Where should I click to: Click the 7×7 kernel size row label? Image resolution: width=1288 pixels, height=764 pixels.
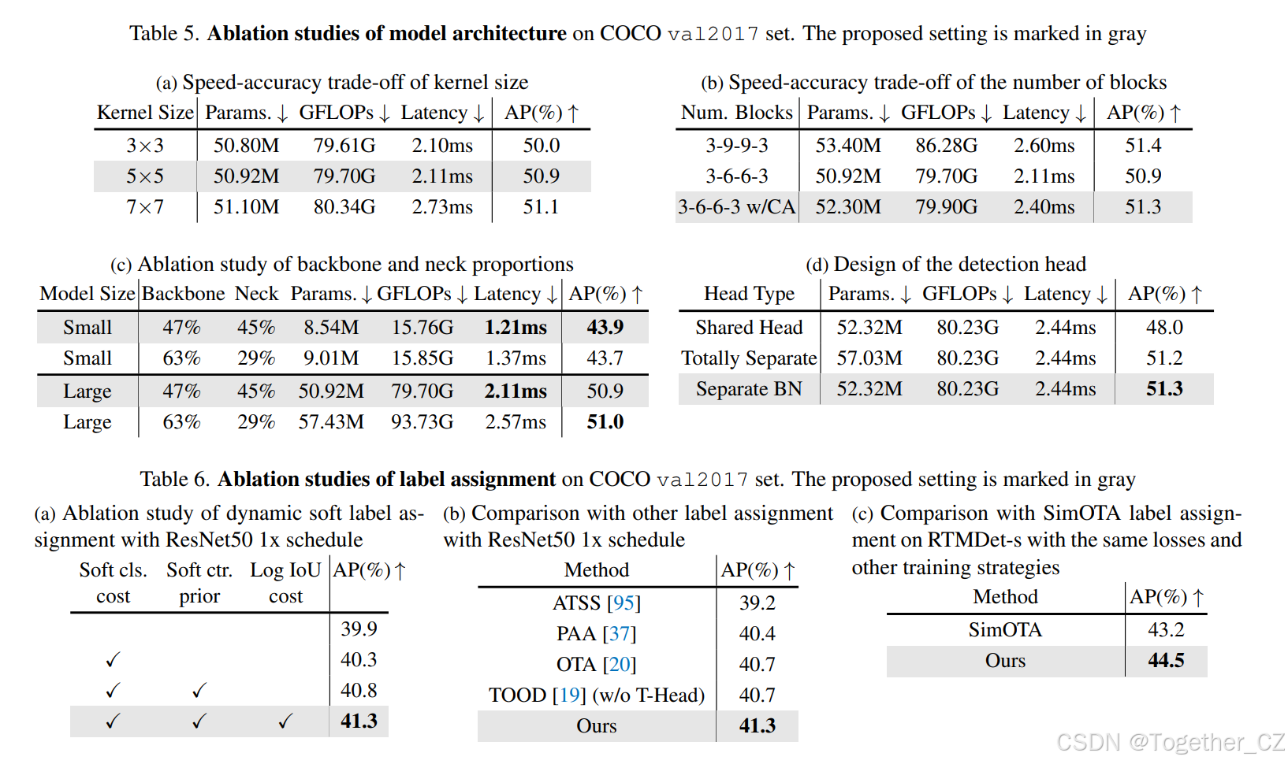pyautogui.click(x=145, y=207)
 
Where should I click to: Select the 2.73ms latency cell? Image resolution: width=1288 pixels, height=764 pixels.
pyautogui.click(x=442, y=207)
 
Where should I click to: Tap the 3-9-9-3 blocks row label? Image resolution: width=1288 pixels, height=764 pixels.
pyautogui.click(x=736, y=146)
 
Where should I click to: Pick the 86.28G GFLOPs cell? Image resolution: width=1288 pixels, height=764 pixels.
pyautogui.click(x=946, y=146)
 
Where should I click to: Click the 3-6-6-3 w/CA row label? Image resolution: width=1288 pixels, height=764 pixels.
pyautogui.click(x=736, y=207)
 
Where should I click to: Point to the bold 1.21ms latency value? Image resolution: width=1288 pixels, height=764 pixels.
pyautogui.click(x=516, y=328)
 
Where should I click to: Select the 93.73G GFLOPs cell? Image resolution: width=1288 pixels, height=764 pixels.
pyautogui.click(x=422, y=422)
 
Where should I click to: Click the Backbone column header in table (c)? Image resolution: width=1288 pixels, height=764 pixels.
pyautogui.click(x=183, y=294)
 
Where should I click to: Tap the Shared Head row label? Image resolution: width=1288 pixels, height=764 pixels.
pyautogui.click(x=749, y=328)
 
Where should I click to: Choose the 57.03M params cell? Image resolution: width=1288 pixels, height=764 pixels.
pyautogui.click(x=869, y=358)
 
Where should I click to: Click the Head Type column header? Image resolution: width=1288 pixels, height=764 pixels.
pyautogui.click(x=749, y=294)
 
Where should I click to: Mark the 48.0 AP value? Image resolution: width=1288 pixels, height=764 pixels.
pyautogui.click(x=1164, y=328)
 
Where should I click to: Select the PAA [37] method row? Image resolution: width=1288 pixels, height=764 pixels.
pyautogui.click(x=596, y=634)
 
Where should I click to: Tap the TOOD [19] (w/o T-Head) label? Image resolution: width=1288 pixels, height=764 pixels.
pyautogui.click(x=596, y=695)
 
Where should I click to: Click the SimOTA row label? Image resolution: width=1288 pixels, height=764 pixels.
pyautogui.click(x=1005, y=630)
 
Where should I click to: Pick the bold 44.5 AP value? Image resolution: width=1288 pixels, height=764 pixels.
pyautogui.click(x=1166, y=661)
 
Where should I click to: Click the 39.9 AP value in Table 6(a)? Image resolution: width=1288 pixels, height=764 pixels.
pyautogui.click(x=359, y=629)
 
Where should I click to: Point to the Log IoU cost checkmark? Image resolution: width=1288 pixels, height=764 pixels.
pyautogui.click(x=285, y=721)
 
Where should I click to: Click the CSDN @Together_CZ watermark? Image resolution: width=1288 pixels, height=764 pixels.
pyautogui.click(x=1170, y=743)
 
